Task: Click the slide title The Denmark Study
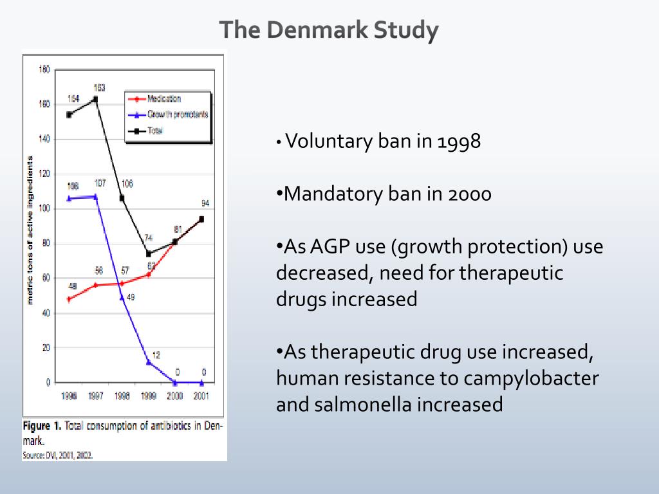tap(329, 31)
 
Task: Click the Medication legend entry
tap(163, 99)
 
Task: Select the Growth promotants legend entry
tap(177, 114)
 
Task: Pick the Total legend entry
tap(155, 130)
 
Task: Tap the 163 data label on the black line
tap(100, 88)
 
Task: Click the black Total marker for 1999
tap(149, 254)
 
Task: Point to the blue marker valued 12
tap(149, 362)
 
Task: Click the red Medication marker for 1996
tap(69, 299)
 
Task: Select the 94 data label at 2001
tap(205, 203)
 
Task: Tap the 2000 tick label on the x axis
tap(175, 396)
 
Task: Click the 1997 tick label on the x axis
tap(95, 396)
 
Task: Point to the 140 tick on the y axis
tap(44, 139)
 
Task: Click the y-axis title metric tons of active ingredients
tap(30, 228)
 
